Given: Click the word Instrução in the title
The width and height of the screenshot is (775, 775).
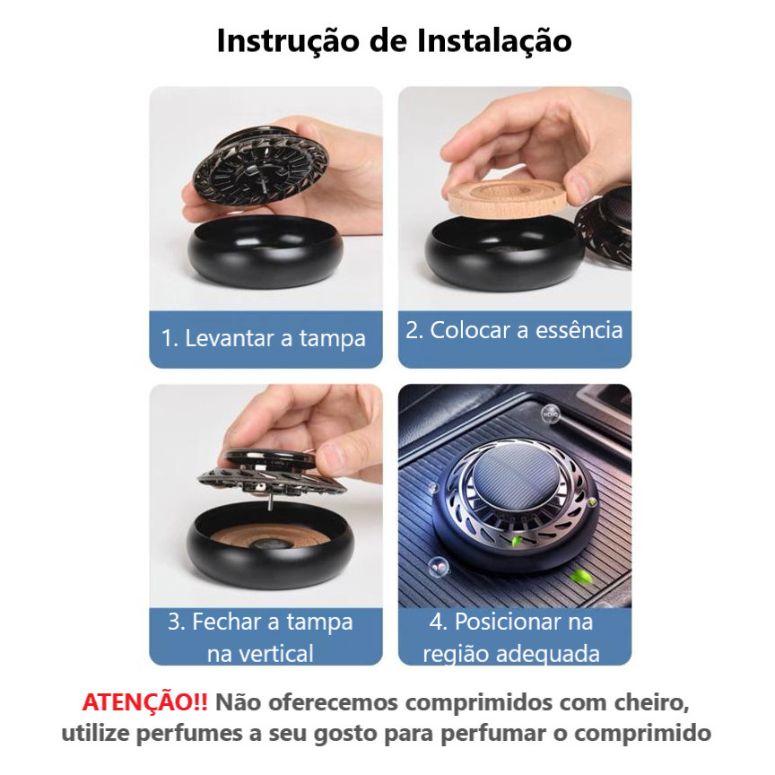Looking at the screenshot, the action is click(289, 41).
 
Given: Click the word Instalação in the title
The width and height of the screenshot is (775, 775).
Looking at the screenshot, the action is click(494, 41).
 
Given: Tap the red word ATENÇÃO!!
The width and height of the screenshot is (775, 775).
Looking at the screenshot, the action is click(144, 701).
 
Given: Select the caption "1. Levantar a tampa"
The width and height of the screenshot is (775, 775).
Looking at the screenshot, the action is click(264, 338).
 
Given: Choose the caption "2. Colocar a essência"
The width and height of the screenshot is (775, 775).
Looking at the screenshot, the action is click(514, 330).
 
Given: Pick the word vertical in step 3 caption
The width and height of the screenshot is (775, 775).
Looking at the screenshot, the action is click(260, 653).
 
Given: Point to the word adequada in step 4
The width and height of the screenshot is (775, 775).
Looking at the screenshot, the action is click(548, 654).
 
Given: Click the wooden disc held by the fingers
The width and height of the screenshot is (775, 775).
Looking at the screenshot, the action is click(507, 197).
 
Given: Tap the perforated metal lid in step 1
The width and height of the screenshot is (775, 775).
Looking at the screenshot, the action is click(261, 166).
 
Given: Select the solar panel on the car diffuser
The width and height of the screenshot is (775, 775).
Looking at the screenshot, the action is click(514, 477).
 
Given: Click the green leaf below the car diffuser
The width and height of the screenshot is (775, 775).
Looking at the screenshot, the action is click(582, 576).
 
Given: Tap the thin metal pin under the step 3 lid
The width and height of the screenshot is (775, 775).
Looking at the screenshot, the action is click(269, 503).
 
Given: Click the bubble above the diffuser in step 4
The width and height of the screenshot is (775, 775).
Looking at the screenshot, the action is click(550, 414).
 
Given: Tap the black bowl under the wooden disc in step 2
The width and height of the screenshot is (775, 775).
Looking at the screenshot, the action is click(504, 255).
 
